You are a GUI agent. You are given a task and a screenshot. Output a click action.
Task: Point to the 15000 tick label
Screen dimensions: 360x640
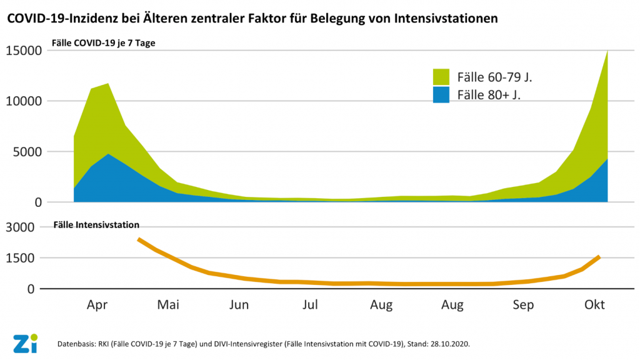[24, 51]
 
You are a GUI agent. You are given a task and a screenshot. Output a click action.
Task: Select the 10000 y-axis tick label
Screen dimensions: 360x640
[24, 101]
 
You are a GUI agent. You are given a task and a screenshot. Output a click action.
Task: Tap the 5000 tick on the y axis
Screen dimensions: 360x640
[27, 152]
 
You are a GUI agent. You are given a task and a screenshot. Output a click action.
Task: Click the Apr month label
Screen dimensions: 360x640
[97, 305]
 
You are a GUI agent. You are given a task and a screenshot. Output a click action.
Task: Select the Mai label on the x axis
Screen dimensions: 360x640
[168, 305]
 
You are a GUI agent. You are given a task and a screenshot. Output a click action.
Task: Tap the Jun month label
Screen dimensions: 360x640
[239, 305]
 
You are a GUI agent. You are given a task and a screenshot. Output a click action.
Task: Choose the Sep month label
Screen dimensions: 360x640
[523, 305]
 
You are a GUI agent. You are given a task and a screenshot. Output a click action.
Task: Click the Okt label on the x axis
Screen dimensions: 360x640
[594, 305]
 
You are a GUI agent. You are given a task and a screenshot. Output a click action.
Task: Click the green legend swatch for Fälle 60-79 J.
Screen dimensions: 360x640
[441, 77]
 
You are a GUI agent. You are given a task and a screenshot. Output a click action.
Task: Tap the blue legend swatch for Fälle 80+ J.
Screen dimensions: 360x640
[441, 95]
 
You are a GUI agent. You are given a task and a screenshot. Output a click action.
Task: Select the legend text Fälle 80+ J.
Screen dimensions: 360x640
[489, 95]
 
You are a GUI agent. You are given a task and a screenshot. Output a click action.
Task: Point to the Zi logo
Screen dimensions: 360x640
[25, 343]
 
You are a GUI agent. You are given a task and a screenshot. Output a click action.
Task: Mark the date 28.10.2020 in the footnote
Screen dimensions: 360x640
[448, 344]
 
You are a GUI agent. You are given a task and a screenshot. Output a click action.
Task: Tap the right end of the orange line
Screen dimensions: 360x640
[599, 256]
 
